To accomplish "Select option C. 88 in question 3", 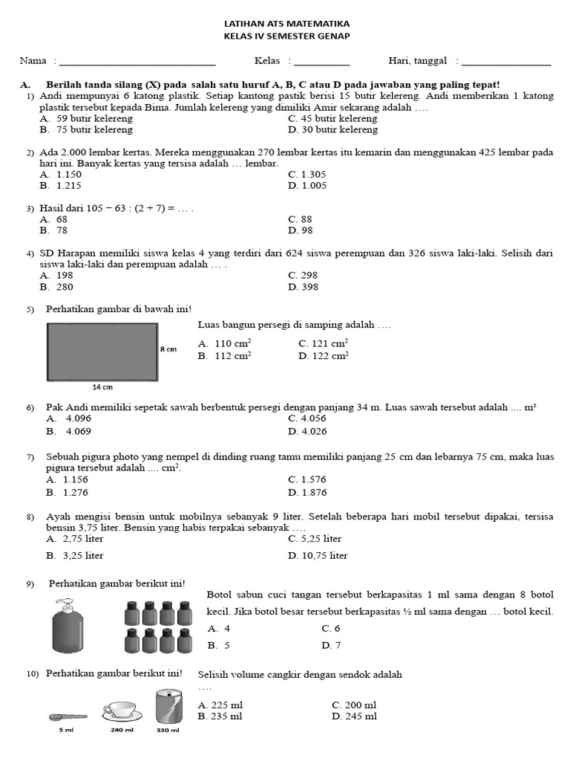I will (300, 219).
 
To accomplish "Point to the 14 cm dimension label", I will (102, 387).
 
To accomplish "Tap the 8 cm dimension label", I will (168, 349).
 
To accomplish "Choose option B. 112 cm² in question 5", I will (225, 356).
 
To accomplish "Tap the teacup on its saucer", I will (122, 711).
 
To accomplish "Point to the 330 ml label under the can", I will (168, 730).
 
